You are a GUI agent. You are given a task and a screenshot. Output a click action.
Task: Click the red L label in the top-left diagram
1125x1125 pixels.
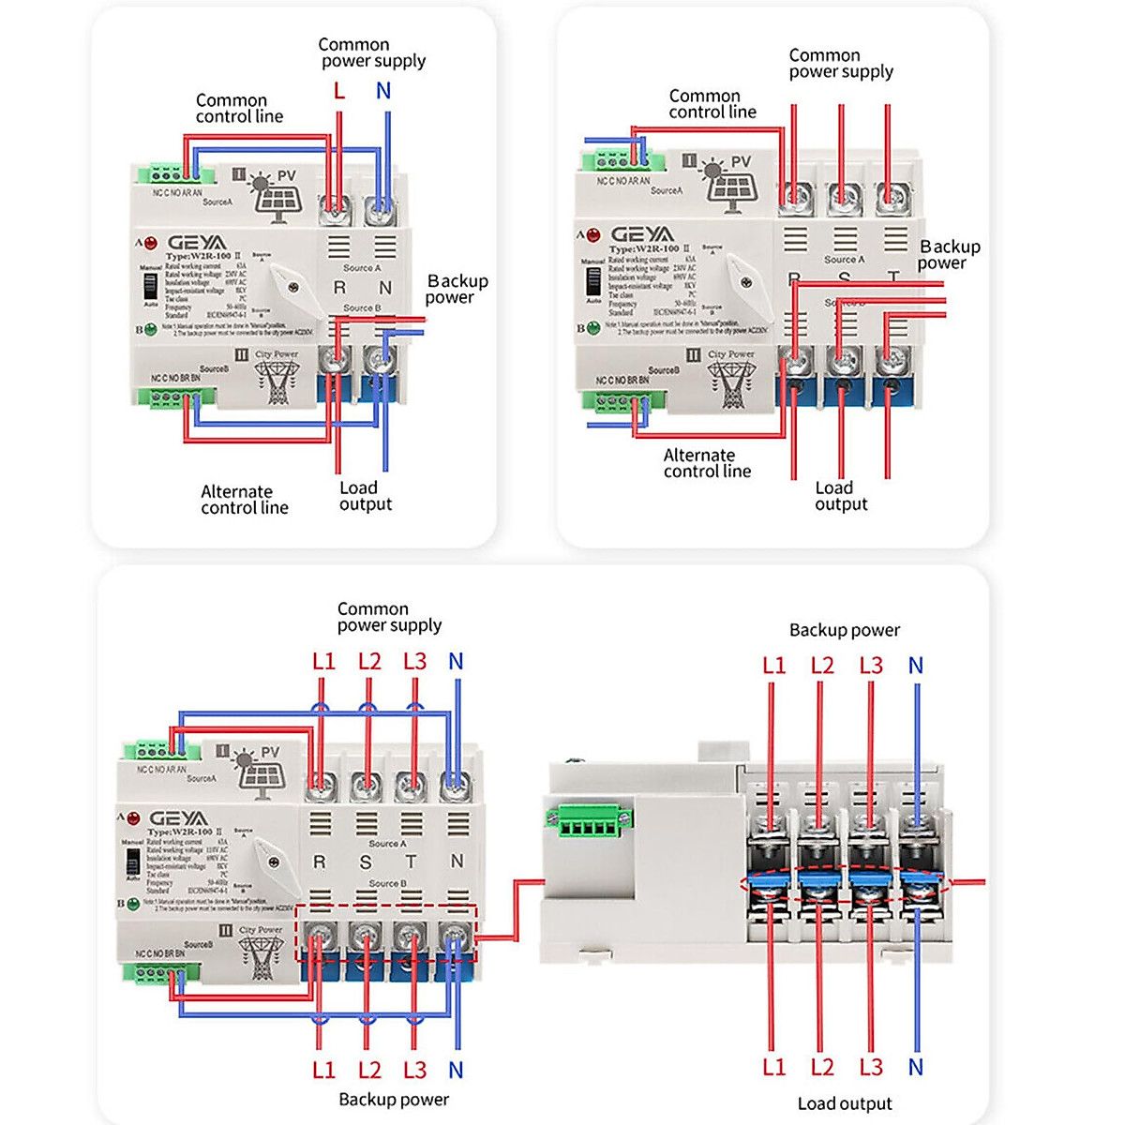tap(339, 91)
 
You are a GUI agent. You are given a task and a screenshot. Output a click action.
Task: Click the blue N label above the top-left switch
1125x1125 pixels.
tap(383, 91)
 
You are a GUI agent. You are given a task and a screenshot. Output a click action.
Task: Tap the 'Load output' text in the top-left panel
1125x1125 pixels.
tap(365, 496)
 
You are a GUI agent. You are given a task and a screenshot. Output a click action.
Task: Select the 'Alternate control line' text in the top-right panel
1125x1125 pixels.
tap(707, 463)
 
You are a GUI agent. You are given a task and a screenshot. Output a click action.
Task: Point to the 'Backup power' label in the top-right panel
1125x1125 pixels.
tap(949, 254)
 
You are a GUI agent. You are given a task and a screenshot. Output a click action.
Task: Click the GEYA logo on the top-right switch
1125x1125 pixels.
tap(642, 233)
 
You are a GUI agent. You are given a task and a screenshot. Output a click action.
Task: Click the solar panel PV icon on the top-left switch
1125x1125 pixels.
tap(277, 196)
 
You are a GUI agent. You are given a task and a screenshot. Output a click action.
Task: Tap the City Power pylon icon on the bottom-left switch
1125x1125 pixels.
tap(260, 956)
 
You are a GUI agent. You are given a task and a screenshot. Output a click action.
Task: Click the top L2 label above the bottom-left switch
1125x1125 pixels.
tap(369, 662)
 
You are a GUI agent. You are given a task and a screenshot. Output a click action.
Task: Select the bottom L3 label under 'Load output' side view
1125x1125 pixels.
tap(871, 1067)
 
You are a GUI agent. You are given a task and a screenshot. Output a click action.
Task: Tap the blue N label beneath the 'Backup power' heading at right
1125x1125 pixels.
tap(916, 666)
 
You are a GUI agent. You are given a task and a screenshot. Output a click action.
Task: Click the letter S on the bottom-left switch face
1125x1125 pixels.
tap(366, 862)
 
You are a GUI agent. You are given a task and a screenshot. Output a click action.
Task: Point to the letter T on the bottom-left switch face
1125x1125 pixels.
tap(411, 862)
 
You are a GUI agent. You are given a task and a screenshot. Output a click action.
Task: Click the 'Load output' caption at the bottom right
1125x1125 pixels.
tap(845, 1103)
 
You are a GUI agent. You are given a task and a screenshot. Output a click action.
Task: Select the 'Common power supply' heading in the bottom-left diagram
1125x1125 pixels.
tap(388, 617)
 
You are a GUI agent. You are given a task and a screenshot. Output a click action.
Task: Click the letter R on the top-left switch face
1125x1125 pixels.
tap(339, 288)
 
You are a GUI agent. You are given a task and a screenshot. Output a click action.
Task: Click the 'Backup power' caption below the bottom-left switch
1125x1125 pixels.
tap(393, 1099)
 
